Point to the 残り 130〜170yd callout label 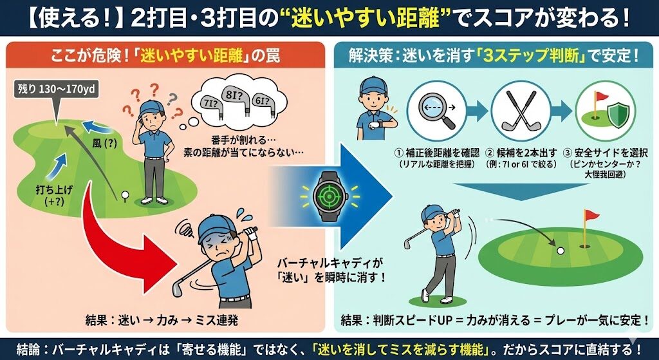click(57, 91)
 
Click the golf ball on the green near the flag click(561, 251)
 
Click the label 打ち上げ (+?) click(54, 196)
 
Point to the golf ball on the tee click(124, 194)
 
